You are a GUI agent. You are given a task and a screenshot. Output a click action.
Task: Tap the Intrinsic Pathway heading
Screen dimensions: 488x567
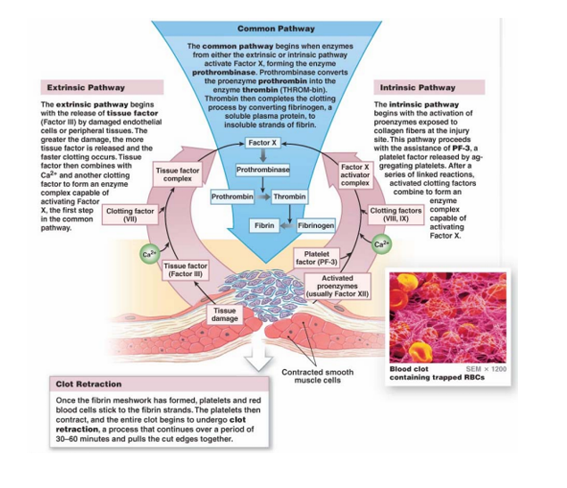(418, 88)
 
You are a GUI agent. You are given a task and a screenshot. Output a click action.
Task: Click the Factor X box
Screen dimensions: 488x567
(263, 143)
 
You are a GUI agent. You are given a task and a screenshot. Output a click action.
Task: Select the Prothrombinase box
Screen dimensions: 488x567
(263, 169)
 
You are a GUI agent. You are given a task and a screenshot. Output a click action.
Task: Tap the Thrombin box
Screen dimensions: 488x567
(289, 195)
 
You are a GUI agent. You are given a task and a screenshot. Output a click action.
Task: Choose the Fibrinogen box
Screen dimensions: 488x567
(315, 226)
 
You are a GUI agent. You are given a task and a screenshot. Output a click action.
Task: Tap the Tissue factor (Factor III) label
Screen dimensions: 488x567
(186, 269)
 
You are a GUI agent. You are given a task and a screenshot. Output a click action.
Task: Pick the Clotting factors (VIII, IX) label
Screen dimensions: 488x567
(395, 215)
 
